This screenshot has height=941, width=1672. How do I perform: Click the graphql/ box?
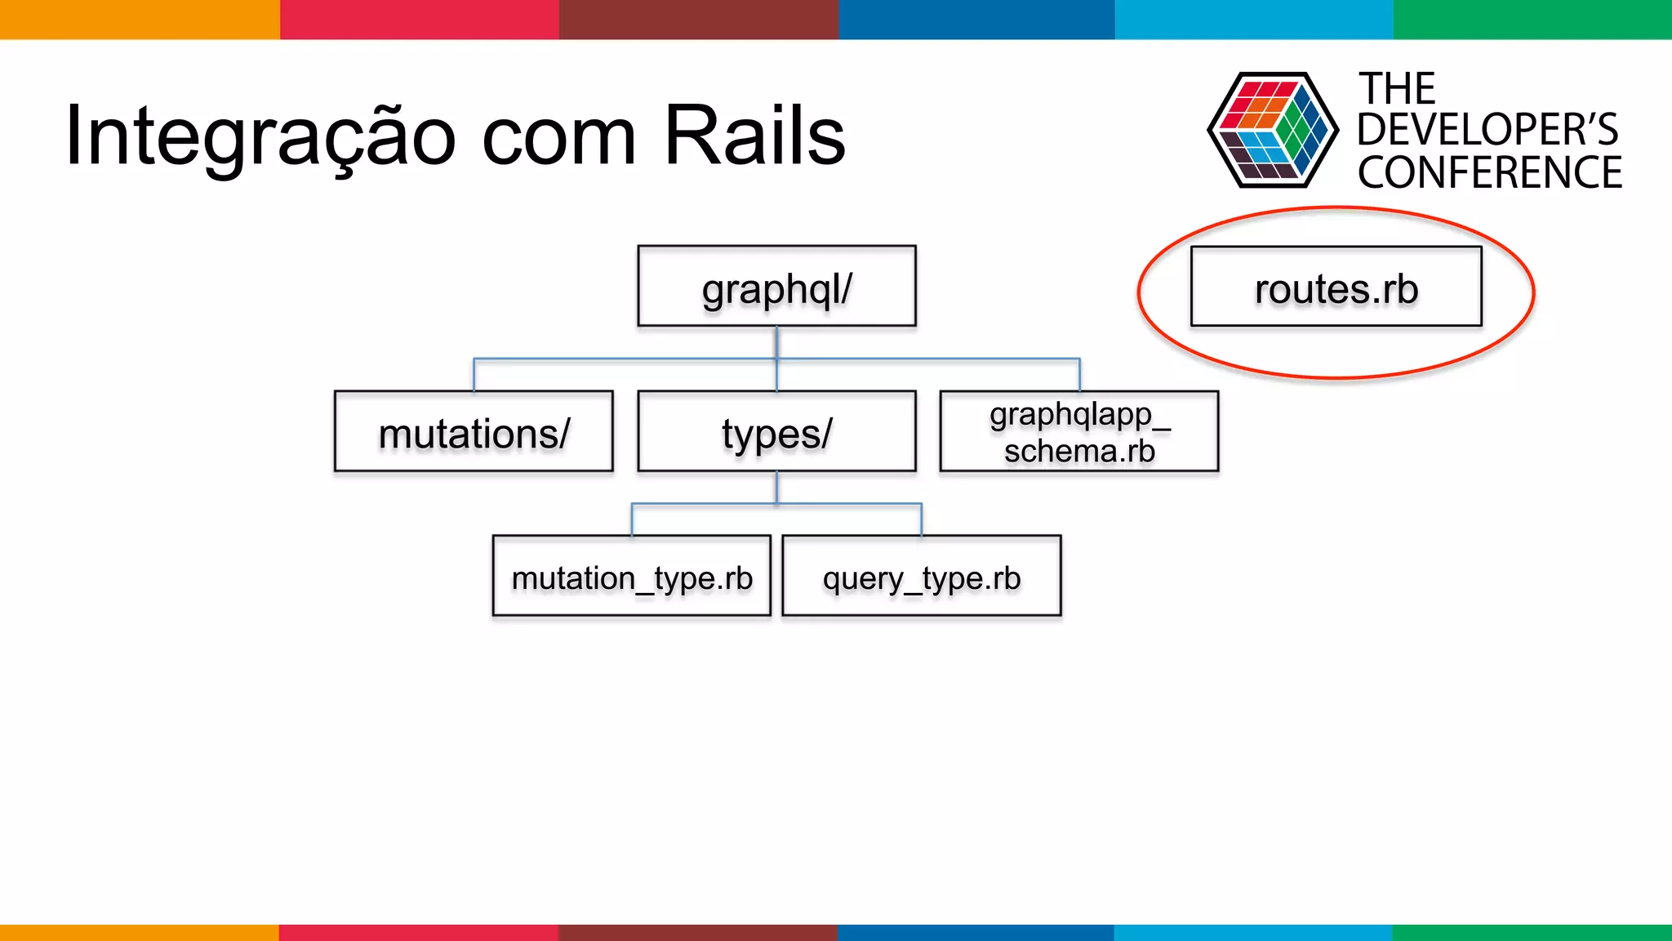tap(776, 287)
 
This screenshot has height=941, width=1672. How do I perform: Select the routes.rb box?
tap(1336, 287)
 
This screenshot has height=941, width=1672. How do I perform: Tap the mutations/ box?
tap(474, 431)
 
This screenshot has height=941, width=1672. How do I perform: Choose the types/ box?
tap(776, 431)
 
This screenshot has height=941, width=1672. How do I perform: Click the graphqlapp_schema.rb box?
tap(1078, 431)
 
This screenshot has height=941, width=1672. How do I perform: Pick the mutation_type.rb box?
tap(631, 576)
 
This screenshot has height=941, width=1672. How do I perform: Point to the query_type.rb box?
tap(921, 576)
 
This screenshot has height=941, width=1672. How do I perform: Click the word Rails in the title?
tap(754, 135)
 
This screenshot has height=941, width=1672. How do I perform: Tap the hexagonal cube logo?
tap(1272, 130)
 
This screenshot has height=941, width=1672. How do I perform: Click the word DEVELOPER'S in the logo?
tap(1487, 130)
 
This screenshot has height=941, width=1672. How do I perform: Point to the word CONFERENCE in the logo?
tap(1489, 173)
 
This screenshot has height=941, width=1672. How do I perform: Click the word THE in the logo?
tap(1396, 88)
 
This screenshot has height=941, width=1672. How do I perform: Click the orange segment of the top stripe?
tap(139, 19)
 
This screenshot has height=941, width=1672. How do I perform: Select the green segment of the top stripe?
tap(1532, 19)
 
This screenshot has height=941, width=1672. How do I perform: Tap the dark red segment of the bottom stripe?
tap(697, 932)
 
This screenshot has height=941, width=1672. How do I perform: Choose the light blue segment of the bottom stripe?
tap(1252, 932)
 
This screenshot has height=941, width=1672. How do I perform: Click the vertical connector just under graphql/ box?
tap(776, 341)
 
